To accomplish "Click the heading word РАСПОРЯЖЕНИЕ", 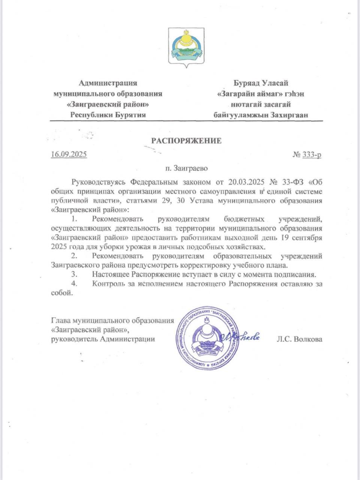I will tap(186, 141).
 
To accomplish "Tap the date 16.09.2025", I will tap(69, 154).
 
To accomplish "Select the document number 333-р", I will tap(311, 154).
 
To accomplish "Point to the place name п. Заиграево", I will tap(186, 168).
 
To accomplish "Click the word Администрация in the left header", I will tap(108, 83).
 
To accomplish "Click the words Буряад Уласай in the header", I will tap(261, 83).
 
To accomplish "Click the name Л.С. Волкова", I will tap(299, 339).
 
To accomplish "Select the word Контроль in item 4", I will tap(109, 284).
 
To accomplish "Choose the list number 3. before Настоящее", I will tap(74, 274).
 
